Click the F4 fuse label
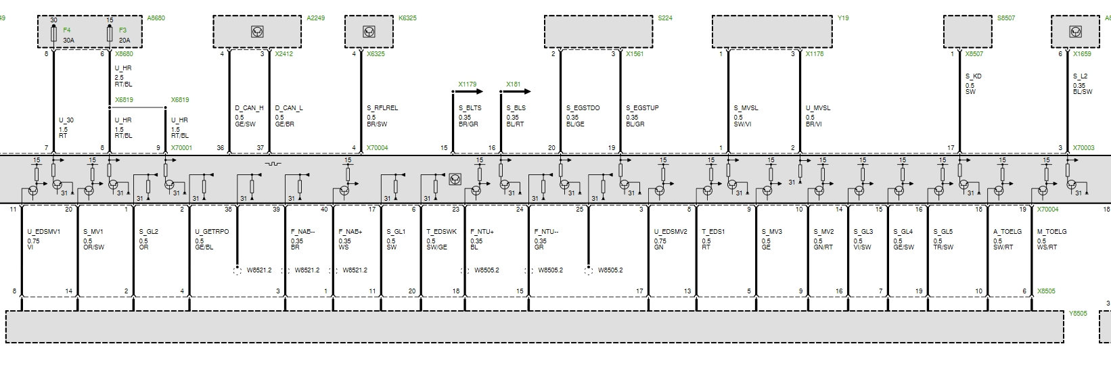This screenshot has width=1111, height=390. [66, 30]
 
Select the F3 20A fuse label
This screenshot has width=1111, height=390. [122, 30]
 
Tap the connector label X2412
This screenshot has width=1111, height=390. [284, 54]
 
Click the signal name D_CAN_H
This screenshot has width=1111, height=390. [249, 108]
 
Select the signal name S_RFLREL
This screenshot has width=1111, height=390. [382, 108]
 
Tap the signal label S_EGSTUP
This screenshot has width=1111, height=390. [642, 108]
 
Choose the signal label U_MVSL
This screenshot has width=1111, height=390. [817, 108]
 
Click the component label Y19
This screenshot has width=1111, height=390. [843, 18]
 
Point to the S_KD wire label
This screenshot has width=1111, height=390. [973, 76]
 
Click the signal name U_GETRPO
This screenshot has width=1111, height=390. [212, 232]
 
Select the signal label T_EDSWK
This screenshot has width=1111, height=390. [441, 232]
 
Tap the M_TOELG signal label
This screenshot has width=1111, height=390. [1051, 232]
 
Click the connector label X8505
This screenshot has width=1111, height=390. [1046, 291]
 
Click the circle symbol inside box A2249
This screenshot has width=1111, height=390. [257, 31]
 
